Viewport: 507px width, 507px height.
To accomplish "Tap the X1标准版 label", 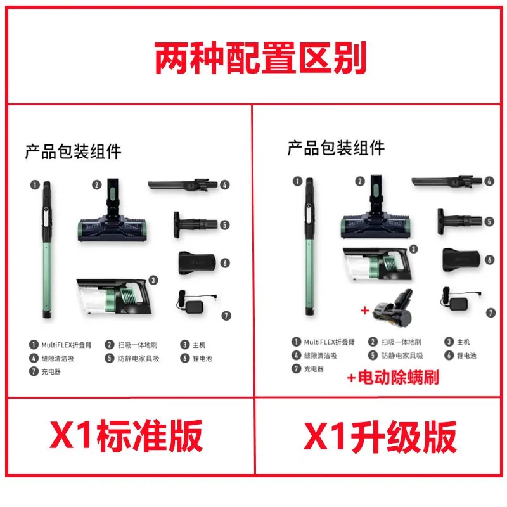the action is (x=126, y=435).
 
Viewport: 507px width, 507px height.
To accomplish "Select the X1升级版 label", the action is (x=380, y=437).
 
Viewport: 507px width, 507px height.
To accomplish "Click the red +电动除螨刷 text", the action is (x=393, y=377).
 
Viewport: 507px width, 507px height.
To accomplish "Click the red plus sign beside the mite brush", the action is (x=365, y=311).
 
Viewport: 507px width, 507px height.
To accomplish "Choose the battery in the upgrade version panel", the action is (x=461, y=260).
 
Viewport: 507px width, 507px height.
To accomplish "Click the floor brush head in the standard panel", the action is (x=112, y=210).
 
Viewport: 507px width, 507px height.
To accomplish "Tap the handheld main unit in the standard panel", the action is (x=114, y=297).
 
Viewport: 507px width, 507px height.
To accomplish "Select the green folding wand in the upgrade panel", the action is (x=309, y=247).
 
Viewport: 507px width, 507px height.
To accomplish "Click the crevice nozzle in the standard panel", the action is (x=183, y=185).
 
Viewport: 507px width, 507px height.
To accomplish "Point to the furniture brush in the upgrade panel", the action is (x=459, y=221).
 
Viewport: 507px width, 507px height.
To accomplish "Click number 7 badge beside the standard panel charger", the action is (x=226, y=316).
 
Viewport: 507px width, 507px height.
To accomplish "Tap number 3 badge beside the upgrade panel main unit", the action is (x=413, y=248).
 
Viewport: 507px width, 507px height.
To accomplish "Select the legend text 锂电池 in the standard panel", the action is (x=202, y=358).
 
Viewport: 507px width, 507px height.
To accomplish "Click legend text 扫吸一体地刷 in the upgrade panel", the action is (x=401, y=342).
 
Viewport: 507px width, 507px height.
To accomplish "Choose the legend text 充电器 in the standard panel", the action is (x=51, y=371).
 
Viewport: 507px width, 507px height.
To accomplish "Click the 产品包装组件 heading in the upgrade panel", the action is (x=336, y=148).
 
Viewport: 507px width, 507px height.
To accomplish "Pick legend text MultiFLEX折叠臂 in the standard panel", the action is (x=67, y=345).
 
